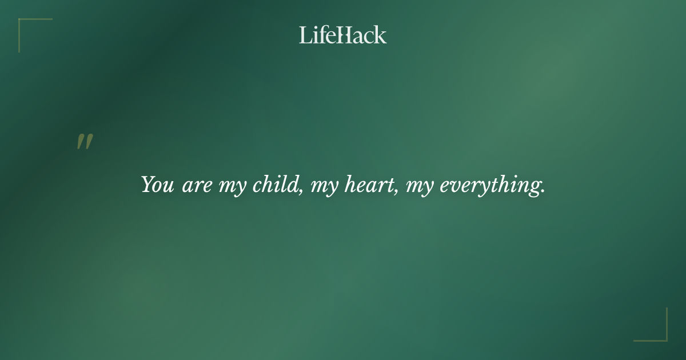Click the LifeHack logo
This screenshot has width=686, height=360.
(x=343, y=35)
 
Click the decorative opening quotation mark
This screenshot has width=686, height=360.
(x=85, y=142)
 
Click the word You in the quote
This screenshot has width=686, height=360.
(x=157, y=185)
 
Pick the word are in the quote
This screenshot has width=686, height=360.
(x=197, y=186)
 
